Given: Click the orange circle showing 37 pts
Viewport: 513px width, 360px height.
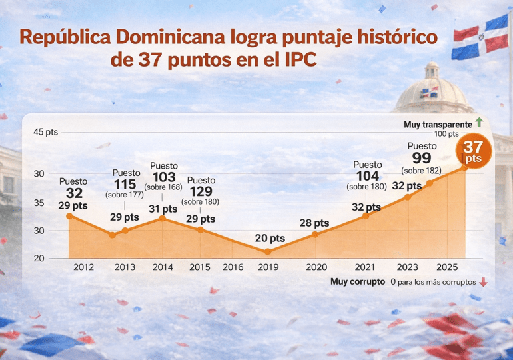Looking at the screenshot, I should (474, 152).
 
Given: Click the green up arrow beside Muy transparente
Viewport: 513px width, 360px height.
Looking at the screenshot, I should (478, 123).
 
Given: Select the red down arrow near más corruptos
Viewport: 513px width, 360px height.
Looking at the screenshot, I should (483, 282).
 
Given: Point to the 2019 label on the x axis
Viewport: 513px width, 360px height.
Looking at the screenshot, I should (268, 267).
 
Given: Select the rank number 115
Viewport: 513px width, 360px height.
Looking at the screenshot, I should (125, 184).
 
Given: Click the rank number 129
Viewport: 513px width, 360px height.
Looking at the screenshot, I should (201, 191).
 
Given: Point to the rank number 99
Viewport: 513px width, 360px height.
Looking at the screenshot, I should (422, 158).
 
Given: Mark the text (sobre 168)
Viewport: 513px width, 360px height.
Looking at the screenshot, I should (163, 187).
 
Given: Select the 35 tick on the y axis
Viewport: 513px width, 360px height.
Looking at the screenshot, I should (39, 203).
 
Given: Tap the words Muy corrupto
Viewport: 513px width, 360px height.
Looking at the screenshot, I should (357, 282).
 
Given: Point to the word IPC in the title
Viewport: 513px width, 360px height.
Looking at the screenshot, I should (296, 60).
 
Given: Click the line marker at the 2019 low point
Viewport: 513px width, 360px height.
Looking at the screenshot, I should (268, 252).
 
